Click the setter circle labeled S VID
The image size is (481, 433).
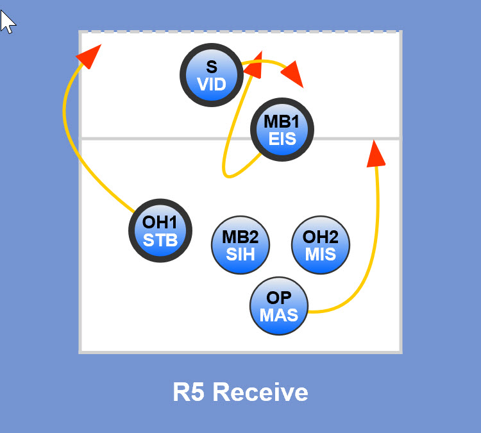point(212,75)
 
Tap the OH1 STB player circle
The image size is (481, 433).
point(160,231)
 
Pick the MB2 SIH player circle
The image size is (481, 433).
point(240,244)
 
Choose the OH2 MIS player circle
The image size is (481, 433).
point(321,244)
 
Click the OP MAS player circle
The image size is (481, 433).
point(279,306)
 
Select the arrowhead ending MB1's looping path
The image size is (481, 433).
point(255,65)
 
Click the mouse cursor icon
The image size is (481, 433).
point(7,21)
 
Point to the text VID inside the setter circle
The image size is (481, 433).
point(212,83)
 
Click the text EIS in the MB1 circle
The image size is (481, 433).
point(282,139)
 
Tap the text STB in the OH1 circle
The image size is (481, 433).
point(160,240)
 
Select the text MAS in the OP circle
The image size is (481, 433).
point(279,315)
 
